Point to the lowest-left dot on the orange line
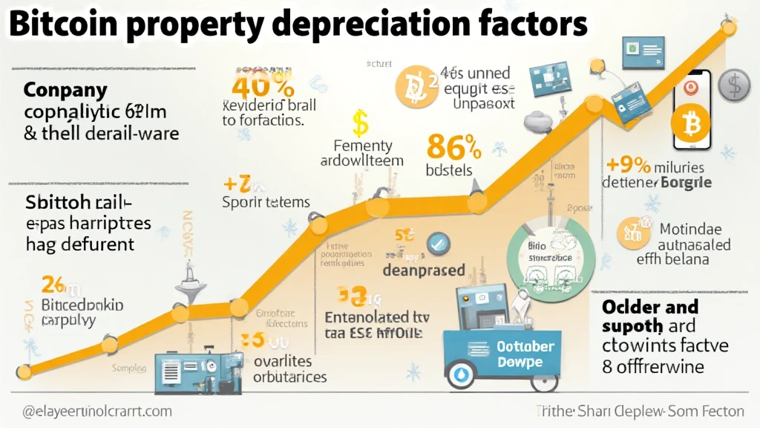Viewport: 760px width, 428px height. pyautogui.click(x=23, y=371)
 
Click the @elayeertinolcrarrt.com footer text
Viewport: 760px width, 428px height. pyautogui.click(x=88, y=411)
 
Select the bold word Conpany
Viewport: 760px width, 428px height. pyautogui.click(x=65, y=91)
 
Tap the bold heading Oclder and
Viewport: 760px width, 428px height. pyautogui.click(x=650, y=307)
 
